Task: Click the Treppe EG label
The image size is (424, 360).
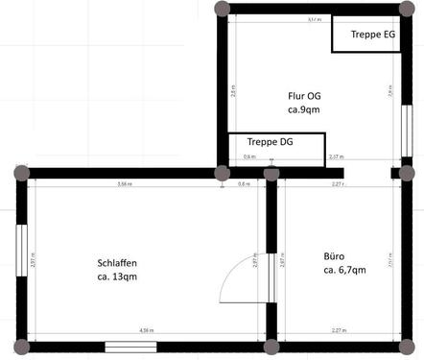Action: pyautogui.click(x=373, y=35)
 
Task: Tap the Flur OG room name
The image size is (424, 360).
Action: pyautogui.click(x=304, y=96)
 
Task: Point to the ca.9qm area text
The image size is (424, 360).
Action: pyautogui.click(x=304, y=109)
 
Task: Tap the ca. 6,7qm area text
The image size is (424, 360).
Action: pyautogui.click(x=344, y=271)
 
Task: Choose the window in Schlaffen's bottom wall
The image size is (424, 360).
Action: pyautogui.click(x=130, y=346)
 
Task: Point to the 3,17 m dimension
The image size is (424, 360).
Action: pyautogui.click(x=313, y=19)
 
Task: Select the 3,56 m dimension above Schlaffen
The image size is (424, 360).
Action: pyautogui.click(x=124, y=182)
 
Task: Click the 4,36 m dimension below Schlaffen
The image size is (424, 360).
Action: pyautogui.click(x=146, y=330)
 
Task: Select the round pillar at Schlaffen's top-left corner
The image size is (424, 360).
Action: pyautogui.click(x=21, y=173)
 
